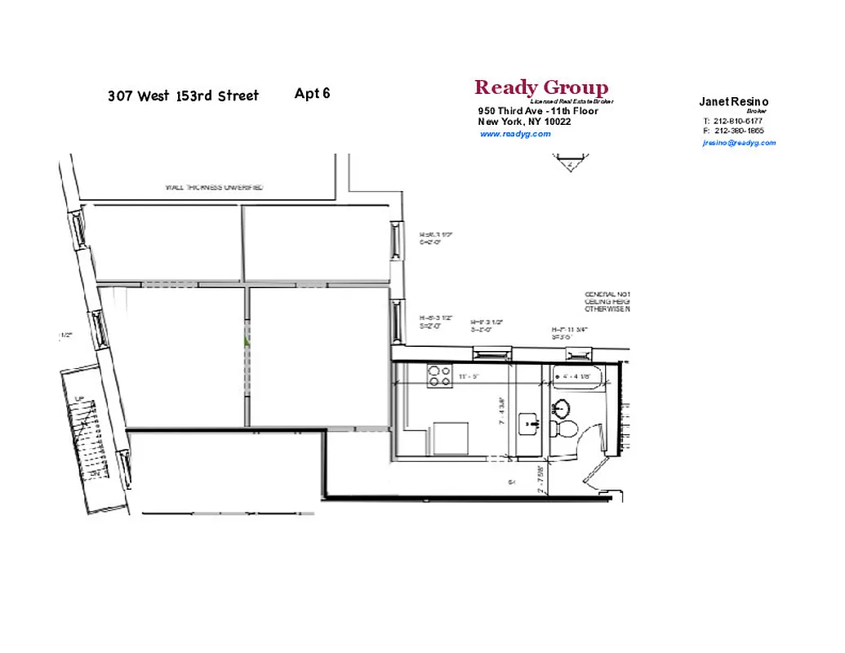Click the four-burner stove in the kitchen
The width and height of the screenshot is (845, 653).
click(x=440, y=375)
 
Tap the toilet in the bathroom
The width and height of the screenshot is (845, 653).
click(x=565, y=426)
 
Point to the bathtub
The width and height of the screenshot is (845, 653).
click(x=579, y=379)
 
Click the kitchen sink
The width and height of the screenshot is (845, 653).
click(x=531, y=422)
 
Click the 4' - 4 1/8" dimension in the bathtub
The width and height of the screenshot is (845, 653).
click(x=576, y=377)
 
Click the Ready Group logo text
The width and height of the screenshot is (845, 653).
click(x=540, y=87)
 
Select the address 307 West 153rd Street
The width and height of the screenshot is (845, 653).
click(x=183, y=96)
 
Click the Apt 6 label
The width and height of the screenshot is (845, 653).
click(x=312, y=93)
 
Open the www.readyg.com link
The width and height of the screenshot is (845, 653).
click(x=515, y=134)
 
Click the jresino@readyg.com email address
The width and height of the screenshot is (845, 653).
click(x=739, y=143)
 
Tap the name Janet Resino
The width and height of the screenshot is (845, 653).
click(x=733, y=102)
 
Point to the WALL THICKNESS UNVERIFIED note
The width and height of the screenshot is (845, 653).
click(x=214, y=188)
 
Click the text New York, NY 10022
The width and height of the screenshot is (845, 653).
click(x=524, y=122)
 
